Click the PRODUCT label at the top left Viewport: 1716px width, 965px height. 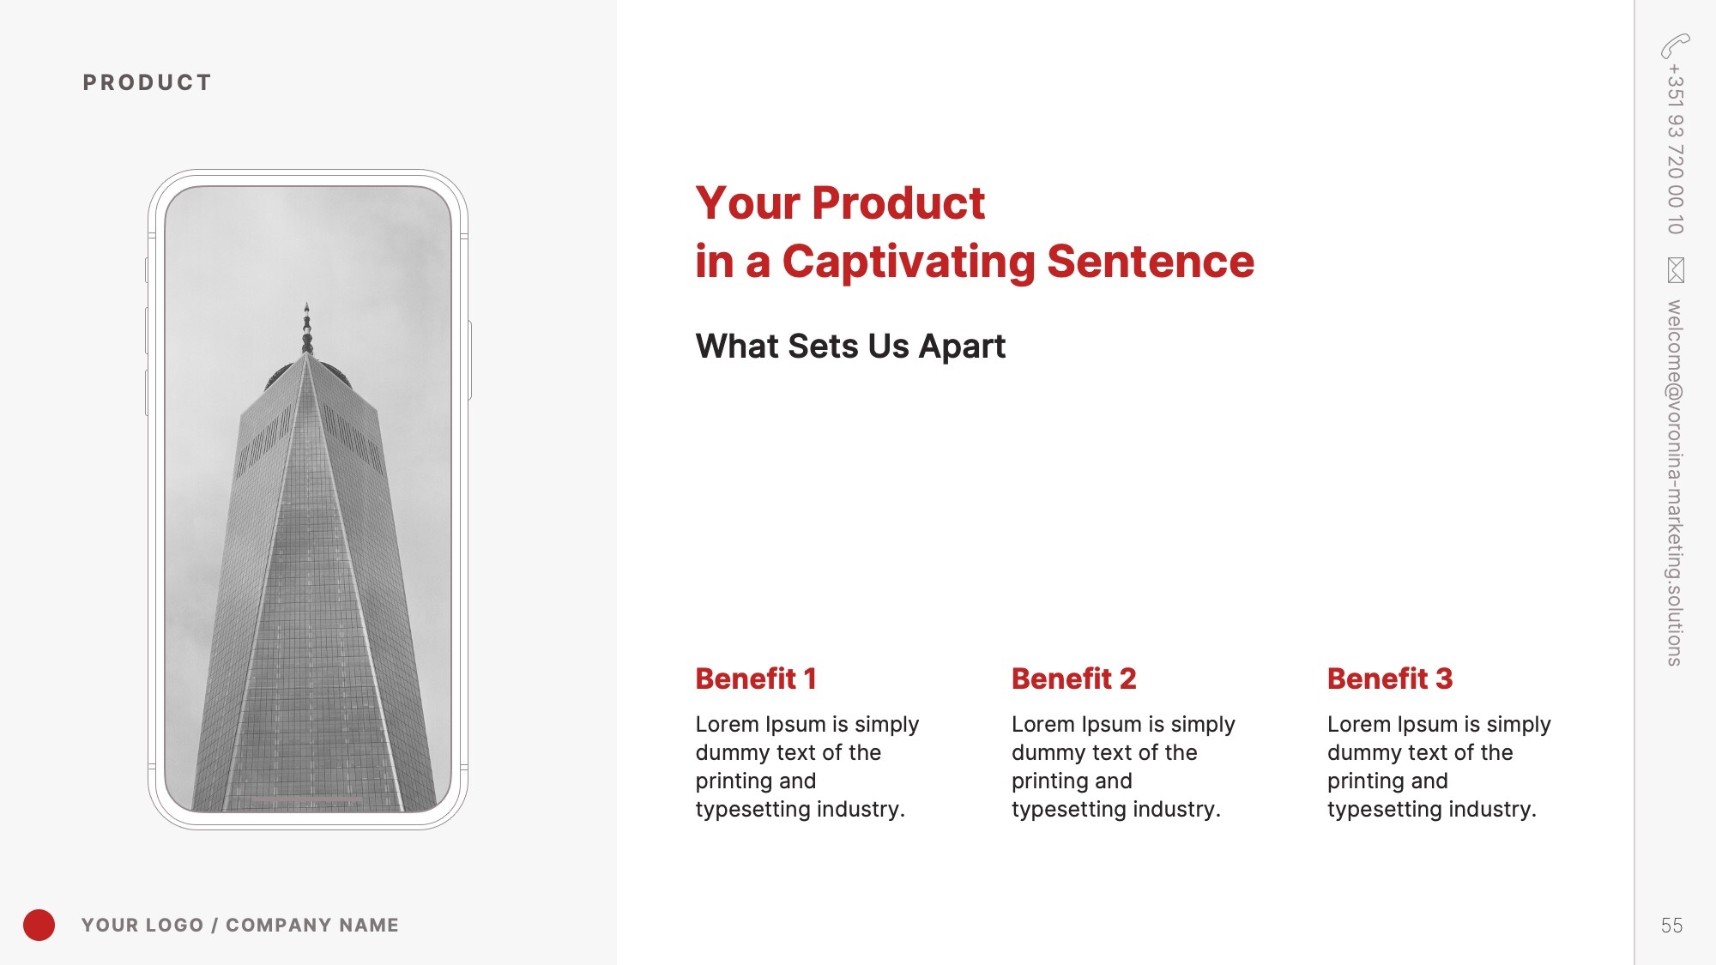pos(147,82)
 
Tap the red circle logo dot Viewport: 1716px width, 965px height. pos(39,925)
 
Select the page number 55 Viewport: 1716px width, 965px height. pos(1671,926)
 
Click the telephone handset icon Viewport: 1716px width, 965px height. pos(1675,45)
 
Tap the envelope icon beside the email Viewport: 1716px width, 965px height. pos(1676,269)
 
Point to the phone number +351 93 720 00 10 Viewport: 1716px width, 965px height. pos(1675,149)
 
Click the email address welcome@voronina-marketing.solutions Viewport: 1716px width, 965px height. pos(1675,483)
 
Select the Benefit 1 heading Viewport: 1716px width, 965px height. pos(756,679)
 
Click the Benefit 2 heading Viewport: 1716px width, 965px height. pos(1073,679)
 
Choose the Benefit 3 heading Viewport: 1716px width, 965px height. pos(1390,679)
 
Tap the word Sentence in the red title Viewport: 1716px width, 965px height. pos(1151,262)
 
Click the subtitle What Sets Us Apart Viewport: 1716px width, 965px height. pos(850,347)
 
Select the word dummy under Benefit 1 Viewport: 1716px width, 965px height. pos(733,752)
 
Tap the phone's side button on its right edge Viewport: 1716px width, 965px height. pos(469,360)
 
